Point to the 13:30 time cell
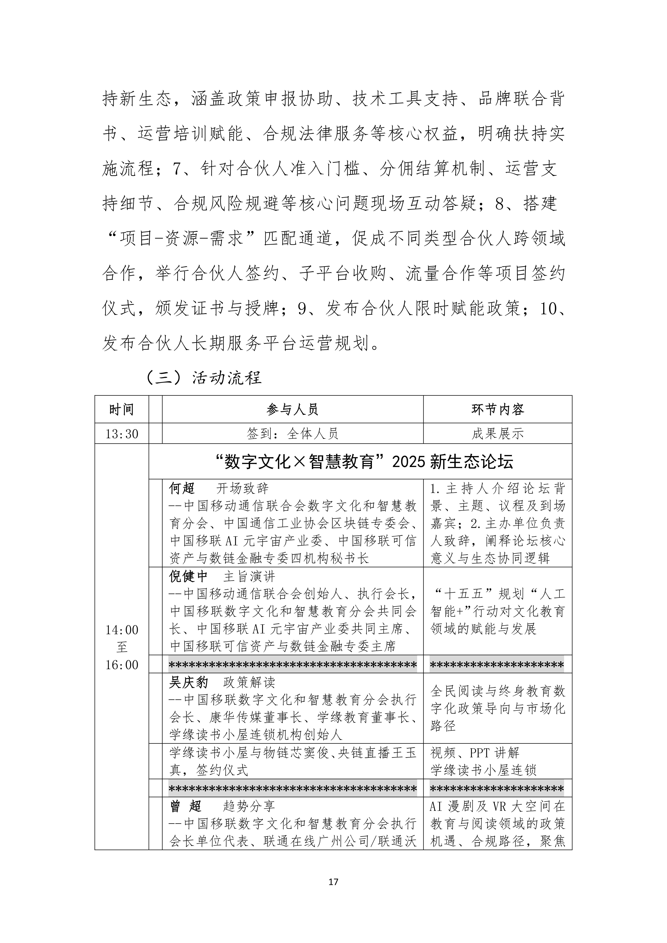(122, 434)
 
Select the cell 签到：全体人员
(292, 434)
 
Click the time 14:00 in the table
(122, 630)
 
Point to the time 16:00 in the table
(122, 665)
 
